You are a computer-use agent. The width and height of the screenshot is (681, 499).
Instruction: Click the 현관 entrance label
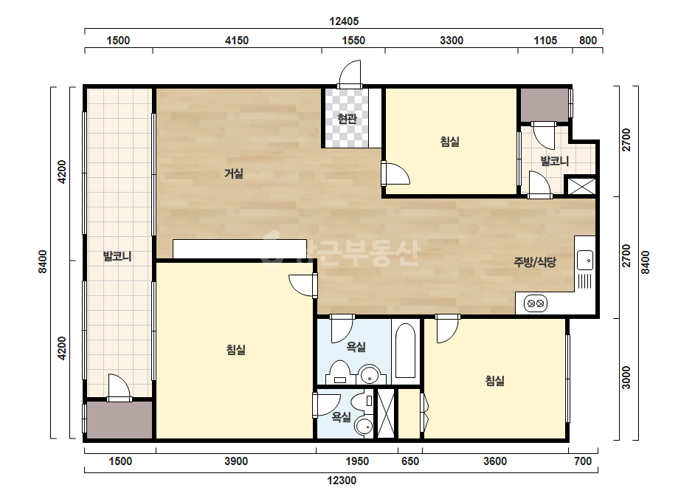pyautogui.click(x=347, y=118)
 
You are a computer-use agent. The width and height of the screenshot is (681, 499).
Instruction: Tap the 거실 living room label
pyautogui.click(x=234, y=173)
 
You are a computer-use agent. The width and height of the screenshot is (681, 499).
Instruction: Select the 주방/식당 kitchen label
pyautogui.click(x=535, y=261)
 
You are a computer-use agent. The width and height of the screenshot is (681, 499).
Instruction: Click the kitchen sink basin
pyautogui.click(x=585, y=260)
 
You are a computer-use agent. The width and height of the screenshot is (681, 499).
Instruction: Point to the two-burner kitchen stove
pyautogui.click(x=535, y=303)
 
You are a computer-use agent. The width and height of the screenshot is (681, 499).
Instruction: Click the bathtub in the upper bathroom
pyautogui.click(x=406, y=351)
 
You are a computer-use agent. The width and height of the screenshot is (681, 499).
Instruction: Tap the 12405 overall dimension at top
pyautogui.click(x=344, y=21)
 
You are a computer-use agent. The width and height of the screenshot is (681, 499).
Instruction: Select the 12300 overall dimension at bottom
pyautogui.click(x=342, y=481)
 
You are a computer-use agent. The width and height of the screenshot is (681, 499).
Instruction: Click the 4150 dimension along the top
pyautogui.click(x=237, y=41)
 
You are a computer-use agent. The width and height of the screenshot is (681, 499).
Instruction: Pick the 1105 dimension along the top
pyautogui.click(x=545, y=41)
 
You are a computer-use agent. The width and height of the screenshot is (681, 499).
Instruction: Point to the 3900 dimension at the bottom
pyautogui.click(x=236, y=461)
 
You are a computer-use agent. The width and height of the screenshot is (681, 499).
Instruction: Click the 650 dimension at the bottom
pyautogui.click(x=410, y=461)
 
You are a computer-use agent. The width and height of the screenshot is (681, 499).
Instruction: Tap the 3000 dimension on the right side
pyautogui.click(x=626, y=378)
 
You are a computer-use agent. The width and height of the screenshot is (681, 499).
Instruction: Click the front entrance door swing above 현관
pyautogui.click(x=350, y=74)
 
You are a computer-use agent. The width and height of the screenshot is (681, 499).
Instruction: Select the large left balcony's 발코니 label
pyautogui.click(x=117, y=255)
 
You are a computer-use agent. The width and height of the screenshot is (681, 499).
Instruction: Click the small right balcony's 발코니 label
pyautogui.click(x=555, y=161)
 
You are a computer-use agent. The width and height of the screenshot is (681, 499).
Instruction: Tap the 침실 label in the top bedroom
pyautogui.click(x=450, y=141)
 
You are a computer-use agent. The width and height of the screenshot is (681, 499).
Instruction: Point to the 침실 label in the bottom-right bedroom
pyautogui.click(x=494, y=381)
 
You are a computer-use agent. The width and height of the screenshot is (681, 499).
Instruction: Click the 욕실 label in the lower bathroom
pyautogui.click(x=342, y=417)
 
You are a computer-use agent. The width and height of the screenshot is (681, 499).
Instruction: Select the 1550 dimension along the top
pyautogui.click(x=353, y=41)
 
